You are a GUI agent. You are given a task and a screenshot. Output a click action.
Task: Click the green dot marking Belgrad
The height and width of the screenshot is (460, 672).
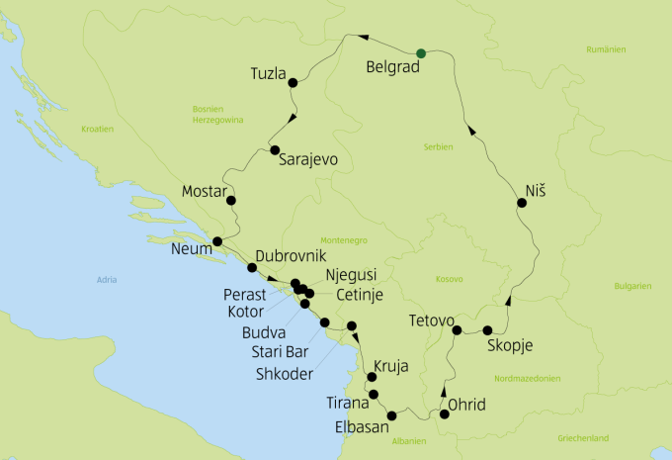(421, 52)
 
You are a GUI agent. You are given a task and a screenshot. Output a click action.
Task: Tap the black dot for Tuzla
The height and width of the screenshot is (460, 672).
(293, 83)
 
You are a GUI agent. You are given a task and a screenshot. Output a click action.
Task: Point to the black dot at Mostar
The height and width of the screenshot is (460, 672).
(231, 201)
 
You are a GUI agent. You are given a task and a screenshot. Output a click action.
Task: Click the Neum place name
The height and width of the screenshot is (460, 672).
(191, 249)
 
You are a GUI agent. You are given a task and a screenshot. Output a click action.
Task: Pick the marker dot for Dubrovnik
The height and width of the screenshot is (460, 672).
(252, 268)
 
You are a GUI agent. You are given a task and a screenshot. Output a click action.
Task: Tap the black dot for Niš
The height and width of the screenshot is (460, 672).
(521, 203)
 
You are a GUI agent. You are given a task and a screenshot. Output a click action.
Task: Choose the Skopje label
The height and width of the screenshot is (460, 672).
(510, 345)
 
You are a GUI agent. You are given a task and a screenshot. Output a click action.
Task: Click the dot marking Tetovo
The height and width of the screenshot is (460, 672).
(457, 329)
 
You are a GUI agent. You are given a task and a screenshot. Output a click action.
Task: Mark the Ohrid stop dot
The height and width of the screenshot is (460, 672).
(444, 414)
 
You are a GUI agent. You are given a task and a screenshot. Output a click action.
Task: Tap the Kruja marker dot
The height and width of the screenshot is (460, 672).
(372, 377)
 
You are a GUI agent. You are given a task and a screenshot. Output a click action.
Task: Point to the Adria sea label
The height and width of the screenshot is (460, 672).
(106, 281)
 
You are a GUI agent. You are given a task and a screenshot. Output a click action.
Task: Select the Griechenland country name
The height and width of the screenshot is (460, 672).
(610, 437)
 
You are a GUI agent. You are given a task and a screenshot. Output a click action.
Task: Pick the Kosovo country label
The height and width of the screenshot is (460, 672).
(449, 279)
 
